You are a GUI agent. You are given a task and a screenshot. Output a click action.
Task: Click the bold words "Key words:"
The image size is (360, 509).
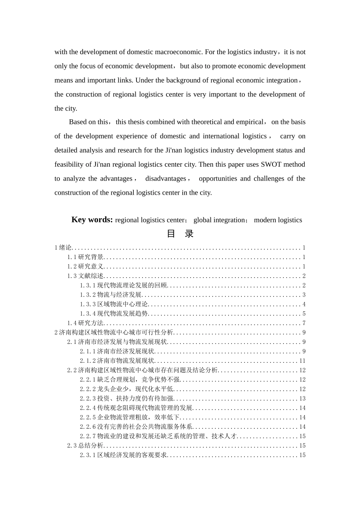92,220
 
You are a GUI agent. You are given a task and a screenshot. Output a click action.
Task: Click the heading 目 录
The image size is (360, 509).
180,234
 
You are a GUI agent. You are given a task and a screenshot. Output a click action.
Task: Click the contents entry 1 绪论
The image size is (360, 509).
63,248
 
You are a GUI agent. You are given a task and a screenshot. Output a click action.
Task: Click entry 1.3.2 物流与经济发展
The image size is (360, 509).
111,295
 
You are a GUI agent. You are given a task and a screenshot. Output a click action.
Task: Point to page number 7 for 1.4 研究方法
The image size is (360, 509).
304,323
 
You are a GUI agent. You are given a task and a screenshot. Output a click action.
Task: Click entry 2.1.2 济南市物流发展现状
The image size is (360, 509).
117,361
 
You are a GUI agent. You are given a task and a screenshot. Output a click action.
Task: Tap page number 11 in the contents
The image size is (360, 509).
302,361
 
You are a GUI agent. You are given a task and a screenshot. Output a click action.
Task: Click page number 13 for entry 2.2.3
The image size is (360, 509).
302,398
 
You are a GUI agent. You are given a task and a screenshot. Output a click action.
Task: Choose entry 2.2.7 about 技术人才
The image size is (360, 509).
158,436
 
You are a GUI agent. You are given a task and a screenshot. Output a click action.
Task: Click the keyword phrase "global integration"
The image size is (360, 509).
219,220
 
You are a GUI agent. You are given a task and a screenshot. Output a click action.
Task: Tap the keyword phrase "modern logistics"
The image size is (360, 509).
278,220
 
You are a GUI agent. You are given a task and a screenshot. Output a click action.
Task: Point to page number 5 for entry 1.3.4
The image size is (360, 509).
304,314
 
